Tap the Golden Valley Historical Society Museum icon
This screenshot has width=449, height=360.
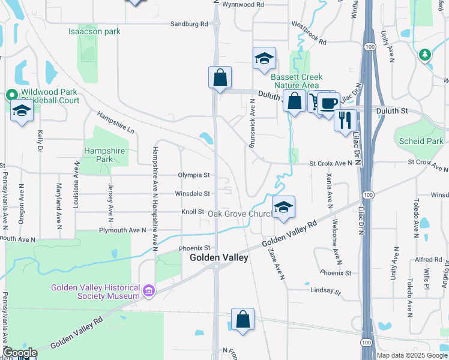click(149, 292)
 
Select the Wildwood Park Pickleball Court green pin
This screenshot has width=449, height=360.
click(11, 95)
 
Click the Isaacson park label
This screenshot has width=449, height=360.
click(95, 31)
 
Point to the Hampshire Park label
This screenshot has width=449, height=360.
click(98, 155)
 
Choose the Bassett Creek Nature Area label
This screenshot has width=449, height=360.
click(297, 82)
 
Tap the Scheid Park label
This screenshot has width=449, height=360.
click(421, 141)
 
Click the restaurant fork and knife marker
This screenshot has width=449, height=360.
click(345, 120)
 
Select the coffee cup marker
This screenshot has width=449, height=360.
click(329, 103)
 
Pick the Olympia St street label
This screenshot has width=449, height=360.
click(193, 175)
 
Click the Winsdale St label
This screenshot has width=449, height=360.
click(192, 194)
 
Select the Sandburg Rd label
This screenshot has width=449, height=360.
click(188, 24)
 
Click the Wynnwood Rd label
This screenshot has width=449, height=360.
click(243, 4)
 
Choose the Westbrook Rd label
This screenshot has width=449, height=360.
click(309, 34)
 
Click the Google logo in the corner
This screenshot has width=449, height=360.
click(20, 353)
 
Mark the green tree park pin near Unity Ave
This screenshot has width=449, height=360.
click(426, 55)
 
